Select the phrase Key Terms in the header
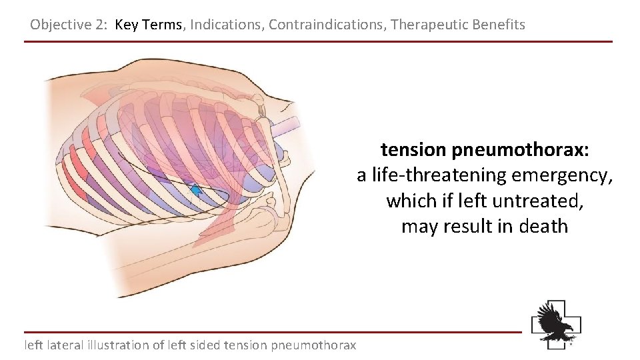148,25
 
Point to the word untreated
533,201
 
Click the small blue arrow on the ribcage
196,191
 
